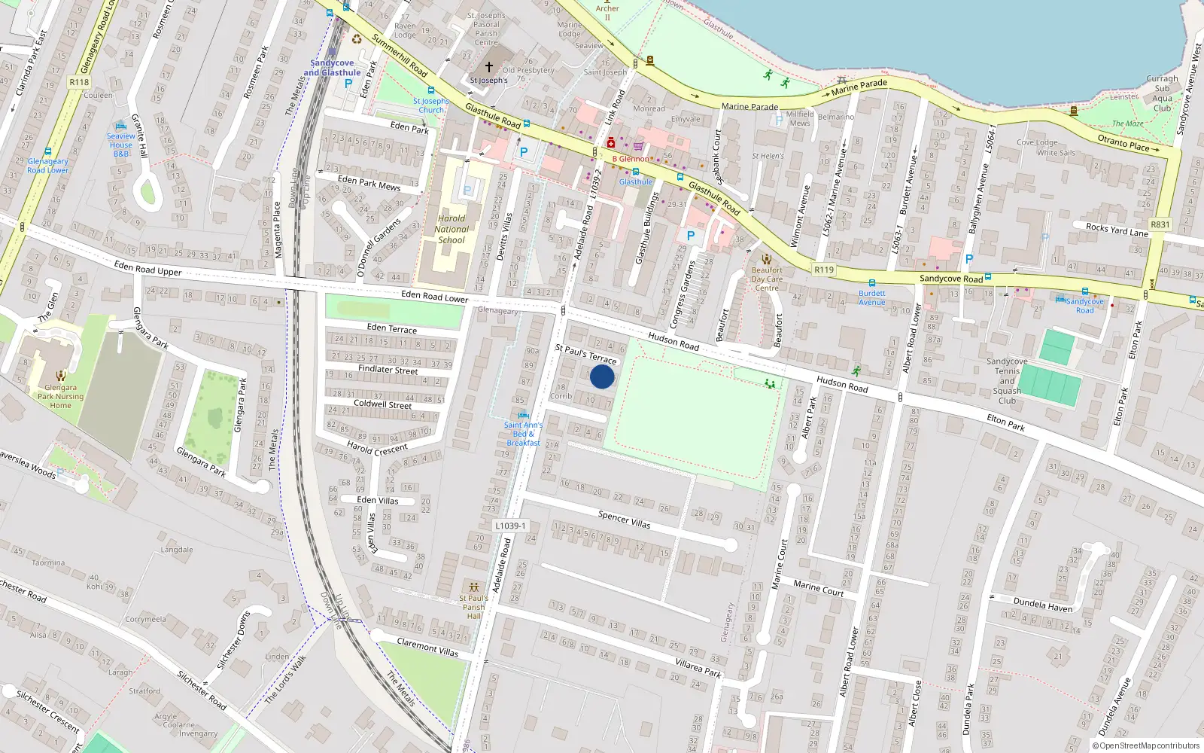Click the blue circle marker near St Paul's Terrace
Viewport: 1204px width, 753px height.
coord(602,376)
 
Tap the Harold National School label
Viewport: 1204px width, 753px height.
coord(451,230)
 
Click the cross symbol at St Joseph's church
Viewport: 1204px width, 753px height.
coord(489,67)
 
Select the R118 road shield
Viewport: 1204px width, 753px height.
coord(79,82)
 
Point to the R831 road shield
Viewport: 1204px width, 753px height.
coord(1160,224)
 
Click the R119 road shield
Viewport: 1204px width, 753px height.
coord(824,270)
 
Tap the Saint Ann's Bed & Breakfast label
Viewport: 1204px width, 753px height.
coord(523,434)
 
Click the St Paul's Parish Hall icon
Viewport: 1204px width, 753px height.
coord(474,587)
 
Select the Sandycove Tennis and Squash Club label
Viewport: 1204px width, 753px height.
coord(1007,381)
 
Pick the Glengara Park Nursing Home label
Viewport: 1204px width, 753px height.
coord(61,396)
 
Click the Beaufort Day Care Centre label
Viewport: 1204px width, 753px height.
coord(767,279)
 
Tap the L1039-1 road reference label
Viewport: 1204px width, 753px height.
coord(511,526)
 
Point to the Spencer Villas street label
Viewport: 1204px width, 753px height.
coord(624,519)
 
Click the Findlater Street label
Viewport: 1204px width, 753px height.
coord(388,370)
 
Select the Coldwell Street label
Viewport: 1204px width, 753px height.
coord(382,404)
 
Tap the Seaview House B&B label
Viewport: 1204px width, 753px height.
coord(120,145)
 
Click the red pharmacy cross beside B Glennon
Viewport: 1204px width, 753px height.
coord(611,143)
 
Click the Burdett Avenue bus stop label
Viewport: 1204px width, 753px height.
coord(872,297)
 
